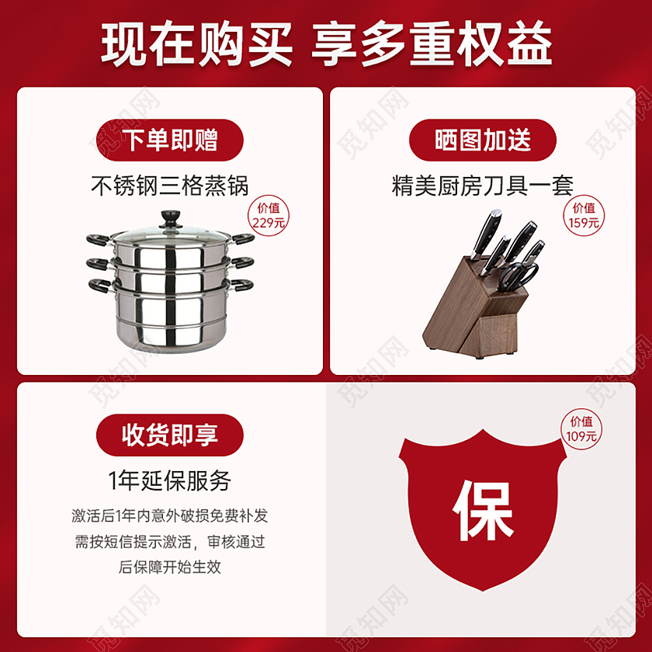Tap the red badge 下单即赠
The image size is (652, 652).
coord(170,140)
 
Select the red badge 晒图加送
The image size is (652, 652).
coord(483,140)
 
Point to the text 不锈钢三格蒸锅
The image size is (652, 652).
coord(170,186)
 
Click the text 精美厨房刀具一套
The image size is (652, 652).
coord(483,186)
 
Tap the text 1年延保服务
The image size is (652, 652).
coord(170,480)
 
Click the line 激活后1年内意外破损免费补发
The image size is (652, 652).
coord(170,516)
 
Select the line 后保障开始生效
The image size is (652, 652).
coord(170,567)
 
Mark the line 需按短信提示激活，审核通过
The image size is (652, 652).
coord(170,542)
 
